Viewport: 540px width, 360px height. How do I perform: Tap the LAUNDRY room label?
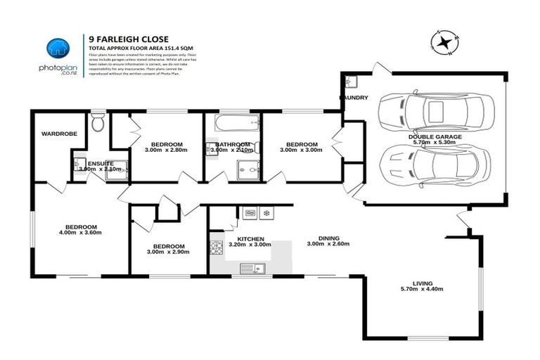click(353, 98)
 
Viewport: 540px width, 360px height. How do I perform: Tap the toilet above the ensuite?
click(98, 124)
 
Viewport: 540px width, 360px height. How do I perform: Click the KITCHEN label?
click(250, 239)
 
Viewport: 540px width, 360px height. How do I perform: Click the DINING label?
click(328, 237)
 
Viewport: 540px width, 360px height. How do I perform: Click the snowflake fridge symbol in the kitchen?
click(266, 212)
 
